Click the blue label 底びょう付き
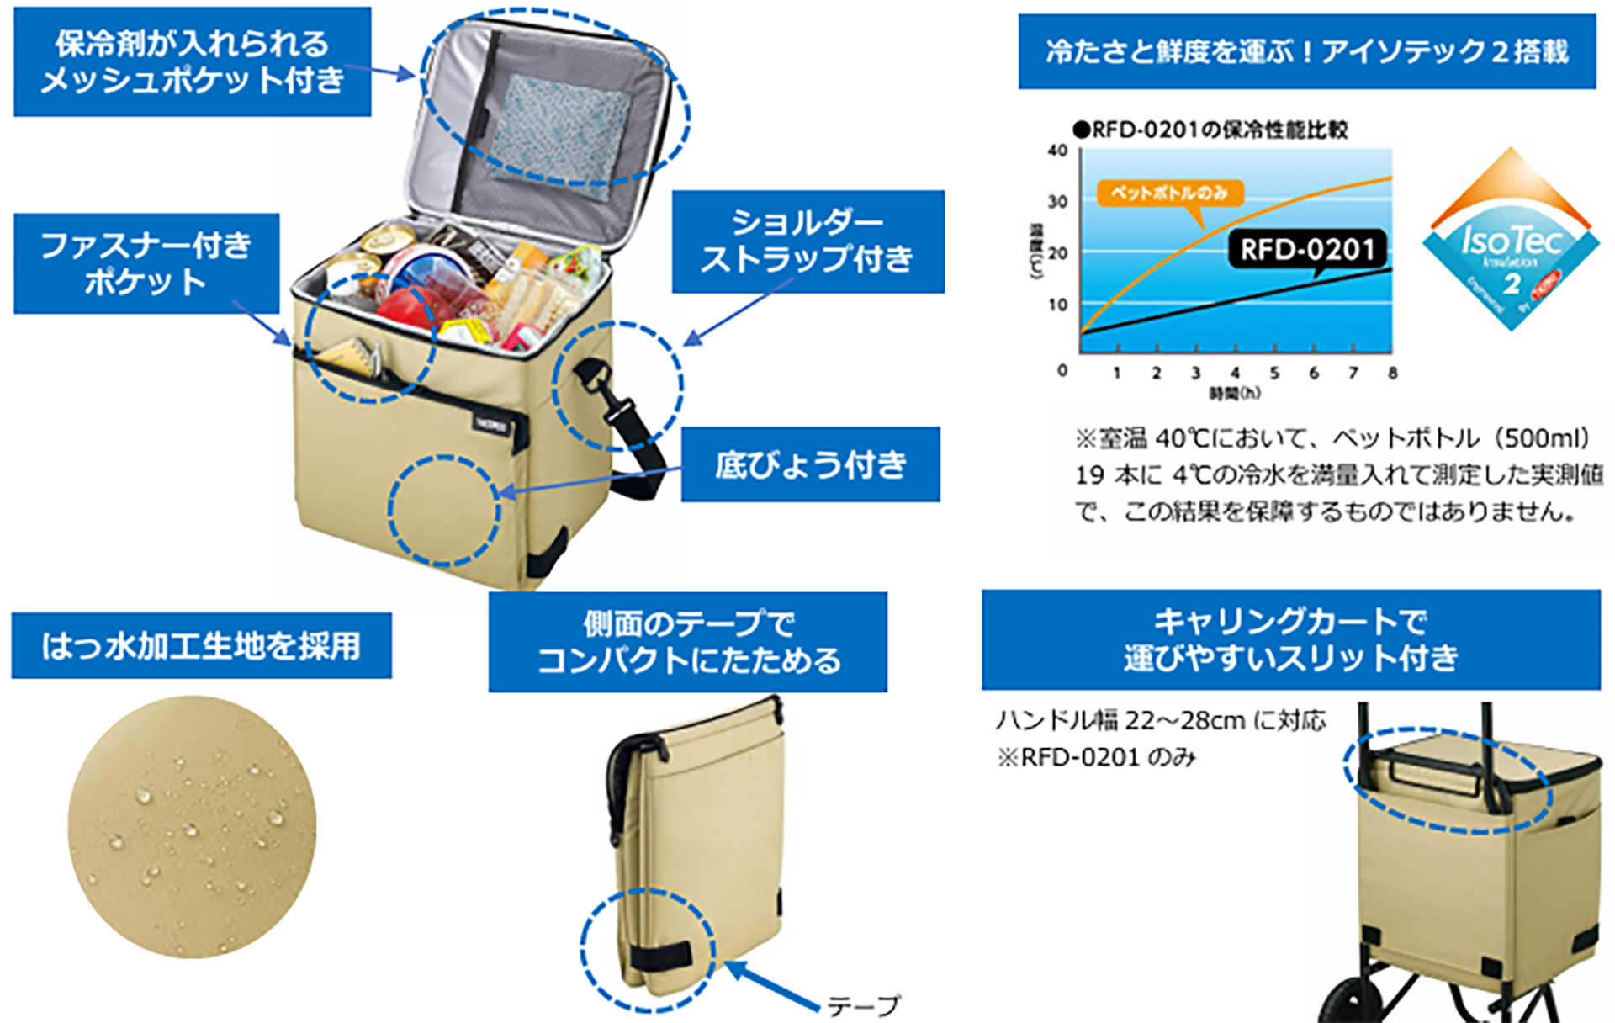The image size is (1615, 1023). click(810, 464)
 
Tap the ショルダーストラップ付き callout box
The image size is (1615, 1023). click(807, 241)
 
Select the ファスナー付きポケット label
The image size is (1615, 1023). click(146, 263)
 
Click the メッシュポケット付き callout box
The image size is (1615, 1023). click(192, 61)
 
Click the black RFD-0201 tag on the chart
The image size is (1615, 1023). click(1306, 249)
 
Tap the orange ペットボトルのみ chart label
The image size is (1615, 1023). click(1168, 193)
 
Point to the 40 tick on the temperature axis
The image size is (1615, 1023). click(1057, 151)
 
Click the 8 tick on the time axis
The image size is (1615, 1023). click(1392, 373)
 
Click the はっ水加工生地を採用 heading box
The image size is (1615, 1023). click(201, 645)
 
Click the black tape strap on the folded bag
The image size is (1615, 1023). click(661, 957)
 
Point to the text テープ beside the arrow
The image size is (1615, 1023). click(863, 1005)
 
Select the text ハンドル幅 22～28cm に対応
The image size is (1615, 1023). click(1161, 720)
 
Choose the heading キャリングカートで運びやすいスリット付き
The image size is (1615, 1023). click(1290, 639)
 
